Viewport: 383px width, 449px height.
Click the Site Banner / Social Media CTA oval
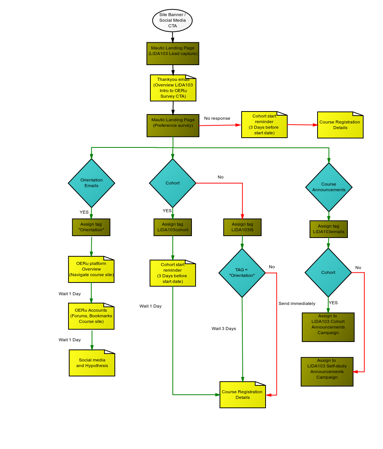pyautogui.click(x=172, y=21)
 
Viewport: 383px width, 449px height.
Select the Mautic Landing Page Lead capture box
pyautogui.click(x=173, y=54)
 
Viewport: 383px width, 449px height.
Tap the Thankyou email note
pyautogui.click(x=173, y=88)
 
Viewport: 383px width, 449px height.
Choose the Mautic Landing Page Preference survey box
pyautogui.click(x=173, y=125)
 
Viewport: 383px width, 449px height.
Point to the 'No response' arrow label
pyautogui.click(x=217, y=118)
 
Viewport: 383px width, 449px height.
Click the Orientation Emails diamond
pyautogui.click(x=91, y=183)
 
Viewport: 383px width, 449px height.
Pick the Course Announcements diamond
pyautogui.click(x=329, y=187)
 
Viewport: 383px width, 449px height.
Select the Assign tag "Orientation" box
pyautogui.click(x=91, y=227)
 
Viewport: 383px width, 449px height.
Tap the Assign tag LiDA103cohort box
pyautogui.click(x=173, y=227)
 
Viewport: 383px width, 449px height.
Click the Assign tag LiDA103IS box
pyautogui.click(x=242, y=227)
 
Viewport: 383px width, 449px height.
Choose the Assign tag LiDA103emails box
pyautogui.click(x=329, y=229)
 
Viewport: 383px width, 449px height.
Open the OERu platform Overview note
pyautogui.click(x=91, y=269)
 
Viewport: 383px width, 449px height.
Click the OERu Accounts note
pyautogui.click(x=91, y=316)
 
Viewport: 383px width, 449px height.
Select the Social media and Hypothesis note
pyautogui.click(x=92, y=363)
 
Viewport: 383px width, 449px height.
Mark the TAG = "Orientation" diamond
pyautogui.click(x=242, y=273)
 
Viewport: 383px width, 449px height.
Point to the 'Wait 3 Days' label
pyautogui.click(x=224, y=329)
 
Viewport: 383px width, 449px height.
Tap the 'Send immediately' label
pyautogui.click(x=297, y=303)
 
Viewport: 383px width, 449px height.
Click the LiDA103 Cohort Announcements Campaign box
pyautogui.click(x=328, y=327)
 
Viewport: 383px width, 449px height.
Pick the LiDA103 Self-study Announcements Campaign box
pyautogui.click(x=327, y=372)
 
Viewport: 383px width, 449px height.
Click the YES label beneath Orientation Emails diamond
pyautogui.click(x=84, y=212)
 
